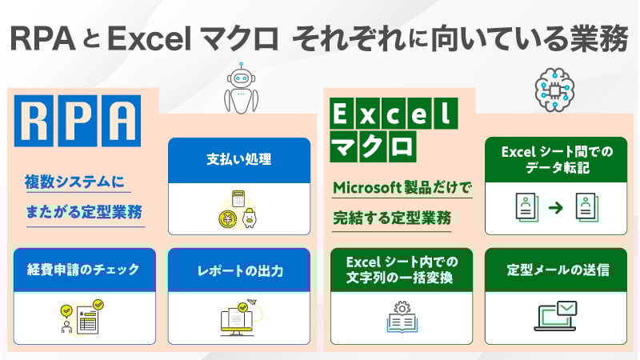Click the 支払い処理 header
click(x=239, y=158)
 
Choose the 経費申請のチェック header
click(x=83, y=269)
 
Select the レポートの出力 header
click(x=239, y=269)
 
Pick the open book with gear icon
click(x=399, y=318)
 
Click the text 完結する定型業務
click(x=392, y=217)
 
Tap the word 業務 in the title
click(x=597, y=38)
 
